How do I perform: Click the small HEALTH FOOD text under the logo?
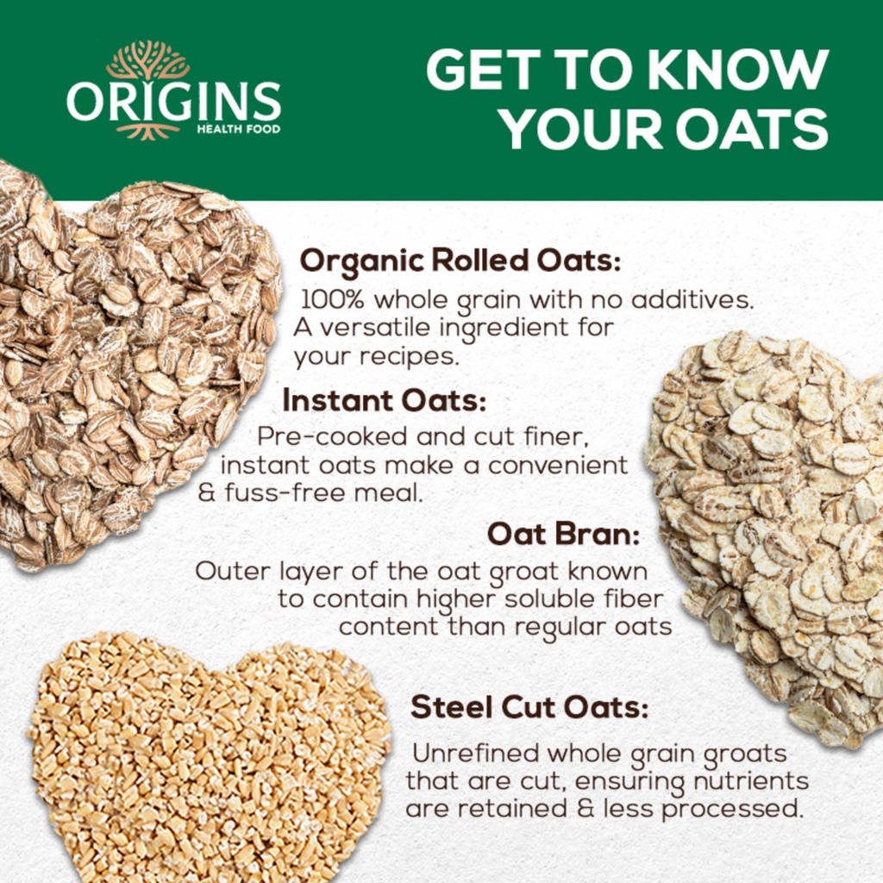(238, 129)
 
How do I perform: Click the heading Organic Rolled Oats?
(460, 261)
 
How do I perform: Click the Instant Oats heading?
(384, 400)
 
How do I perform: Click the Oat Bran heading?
(564, 534)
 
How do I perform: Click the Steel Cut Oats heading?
(529, 707)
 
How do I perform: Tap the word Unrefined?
(476, 753)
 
